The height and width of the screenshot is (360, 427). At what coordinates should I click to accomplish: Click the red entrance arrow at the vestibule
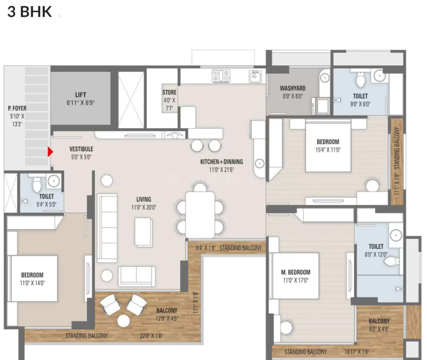click(50, 152)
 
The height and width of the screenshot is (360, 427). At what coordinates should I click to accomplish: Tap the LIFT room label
click(81, 95)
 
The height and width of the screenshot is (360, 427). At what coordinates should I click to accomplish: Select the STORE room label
click(169, 92)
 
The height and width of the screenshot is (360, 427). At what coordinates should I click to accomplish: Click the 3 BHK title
click(29, 12)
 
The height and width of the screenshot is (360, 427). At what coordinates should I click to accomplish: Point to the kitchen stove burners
click(221, 75)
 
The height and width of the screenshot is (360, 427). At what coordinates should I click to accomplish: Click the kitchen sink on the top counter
click(255, 76)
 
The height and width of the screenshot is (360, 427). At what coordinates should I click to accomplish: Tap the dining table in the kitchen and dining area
click(200, 215)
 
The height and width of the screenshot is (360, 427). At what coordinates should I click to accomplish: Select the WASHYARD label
click(293, 88)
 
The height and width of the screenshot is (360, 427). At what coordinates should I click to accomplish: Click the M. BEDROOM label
click(296, 272)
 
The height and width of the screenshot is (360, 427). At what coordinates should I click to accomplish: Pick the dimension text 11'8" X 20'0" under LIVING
click(144, 208)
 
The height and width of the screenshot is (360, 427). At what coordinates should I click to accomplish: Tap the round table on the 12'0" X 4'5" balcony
click(124, 321)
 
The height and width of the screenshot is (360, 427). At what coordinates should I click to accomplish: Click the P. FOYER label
click(17, 109)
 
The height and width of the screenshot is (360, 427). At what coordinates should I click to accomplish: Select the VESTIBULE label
click(81, 149)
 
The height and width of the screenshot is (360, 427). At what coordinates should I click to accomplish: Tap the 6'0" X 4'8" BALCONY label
click(379, 321)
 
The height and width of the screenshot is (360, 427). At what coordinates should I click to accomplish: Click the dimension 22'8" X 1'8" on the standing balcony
click(151, 336)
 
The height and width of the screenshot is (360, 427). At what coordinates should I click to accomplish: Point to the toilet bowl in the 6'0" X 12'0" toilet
click(392, 262)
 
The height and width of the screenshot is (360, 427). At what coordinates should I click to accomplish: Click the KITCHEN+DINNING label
click(222, 162)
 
